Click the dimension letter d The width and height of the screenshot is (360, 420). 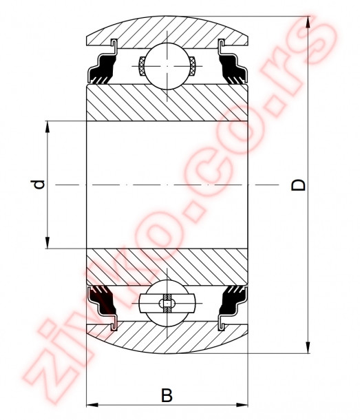tap(40, 185)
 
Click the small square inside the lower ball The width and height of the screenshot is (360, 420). tap(167, 303)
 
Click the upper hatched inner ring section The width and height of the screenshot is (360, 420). tap(167, 103)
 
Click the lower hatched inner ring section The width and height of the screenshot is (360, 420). tap(167, 266)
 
